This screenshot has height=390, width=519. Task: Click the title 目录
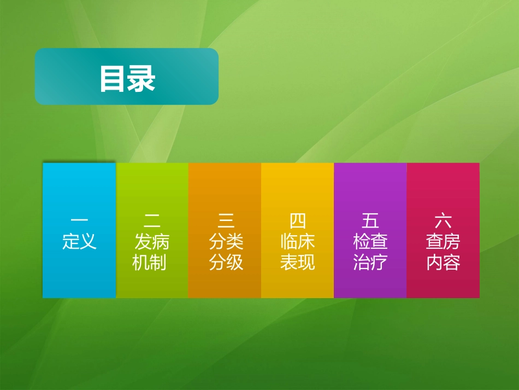pyautogui.click(x=127, y=79)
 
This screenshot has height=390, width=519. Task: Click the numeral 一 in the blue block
pyautogui.click(x=79, y=220)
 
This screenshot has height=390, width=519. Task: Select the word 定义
pyautogui.click(x=79, y=241)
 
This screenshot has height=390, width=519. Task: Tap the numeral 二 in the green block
pyautogui.click(x=152, y=220)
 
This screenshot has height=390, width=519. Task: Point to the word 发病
pyautogui.click(x=152, y=241)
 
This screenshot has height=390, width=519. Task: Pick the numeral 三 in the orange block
pyautogui.click(x=225, y=220)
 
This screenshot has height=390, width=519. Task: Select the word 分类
pyautogui.click(x=225, y=241)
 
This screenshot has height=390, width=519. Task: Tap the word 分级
pyautogui.click(x=225, y=263)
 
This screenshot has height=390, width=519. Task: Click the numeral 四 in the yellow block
pyautogui.click(x=297, y=220)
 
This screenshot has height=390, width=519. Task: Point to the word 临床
pyautogui.click(x=297, y=241)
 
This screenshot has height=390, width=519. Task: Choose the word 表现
pyautogui.click(x=297, y=263)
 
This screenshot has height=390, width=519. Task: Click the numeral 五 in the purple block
pyautogui.click(x=370, y=220)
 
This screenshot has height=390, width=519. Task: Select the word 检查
pyautogui.click(x=370, y=241)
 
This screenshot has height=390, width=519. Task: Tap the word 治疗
pyautogui.click(x=370, y=263)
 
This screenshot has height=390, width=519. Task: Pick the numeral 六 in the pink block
pyautogui.click(x=443, y=220)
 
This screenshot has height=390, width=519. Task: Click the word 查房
pyautogui.click(x=443, y=241)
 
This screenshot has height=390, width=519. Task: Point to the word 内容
pyautogui.click(x=443, y=263)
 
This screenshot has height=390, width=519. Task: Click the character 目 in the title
pyautogui.click(x=113, y=79)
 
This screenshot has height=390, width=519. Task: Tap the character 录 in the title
pyautogui.click(x=142, y=79)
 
